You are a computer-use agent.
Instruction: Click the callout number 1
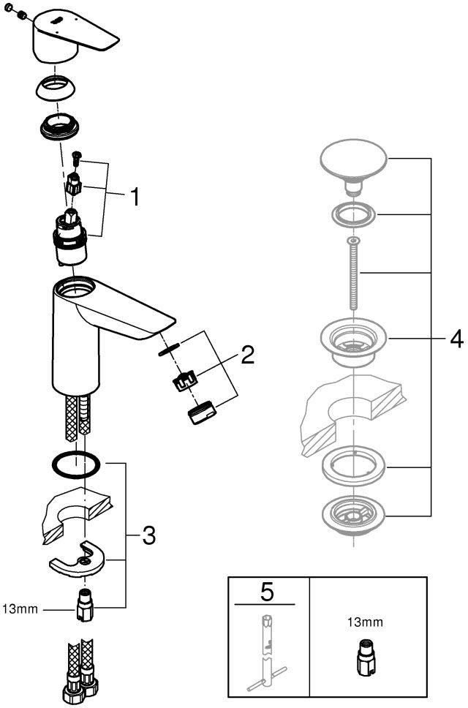135,195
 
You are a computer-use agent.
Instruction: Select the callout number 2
248,355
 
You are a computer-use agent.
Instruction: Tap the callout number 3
148,537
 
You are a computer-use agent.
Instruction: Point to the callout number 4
456,339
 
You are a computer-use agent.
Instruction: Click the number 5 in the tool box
265,590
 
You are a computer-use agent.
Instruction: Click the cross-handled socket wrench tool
264,651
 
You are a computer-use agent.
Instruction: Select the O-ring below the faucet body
76,465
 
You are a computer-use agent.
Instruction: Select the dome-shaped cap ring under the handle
56,91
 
